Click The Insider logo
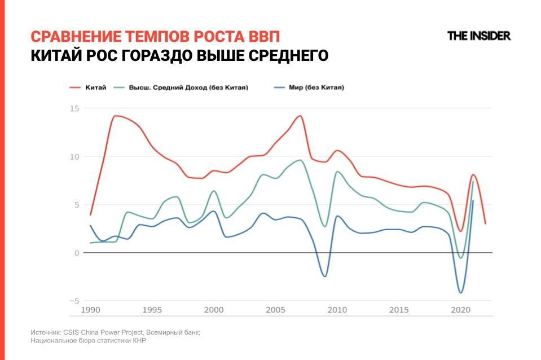pos(478,36)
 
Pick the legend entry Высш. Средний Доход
pos(181,87)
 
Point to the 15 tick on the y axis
pos(74,108)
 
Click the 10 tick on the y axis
pos(74,156)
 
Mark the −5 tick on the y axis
pos(74,301)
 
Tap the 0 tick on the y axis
pos(76,253)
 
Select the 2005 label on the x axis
pos(275,310)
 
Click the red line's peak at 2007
pos(300,116)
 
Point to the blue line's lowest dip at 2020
pos(461,292)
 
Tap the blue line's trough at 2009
pos(324,276)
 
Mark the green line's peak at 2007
pos(300,160)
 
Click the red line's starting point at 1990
pos(90,215)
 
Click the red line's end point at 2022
pos(485,223)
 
